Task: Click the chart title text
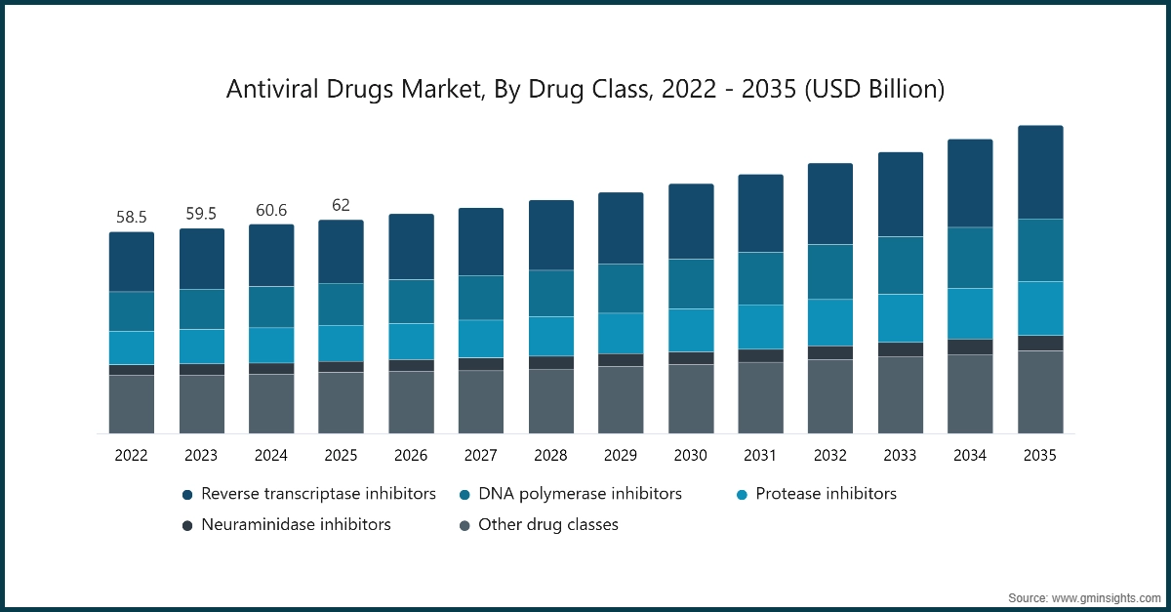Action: point(585,90)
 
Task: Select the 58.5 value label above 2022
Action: point(131,217)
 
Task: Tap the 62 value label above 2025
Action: point(341,205)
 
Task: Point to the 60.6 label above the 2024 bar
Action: point(270,210)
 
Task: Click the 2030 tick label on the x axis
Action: point(690,456)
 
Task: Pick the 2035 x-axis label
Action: point(1039,456)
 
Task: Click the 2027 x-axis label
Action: point(480,456)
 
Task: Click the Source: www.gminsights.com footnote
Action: point(1083,596)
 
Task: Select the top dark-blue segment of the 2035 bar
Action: point(1039,172)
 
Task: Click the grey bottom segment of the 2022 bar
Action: point(131,404)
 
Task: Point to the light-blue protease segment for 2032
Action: point(829,322)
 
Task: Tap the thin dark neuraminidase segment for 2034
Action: point(970,347)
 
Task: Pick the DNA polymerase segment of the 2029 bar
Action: point(621,288)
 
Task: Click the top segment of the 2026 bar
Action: point(411,247)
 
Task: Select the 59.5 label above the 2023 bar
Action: point(201,214)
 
